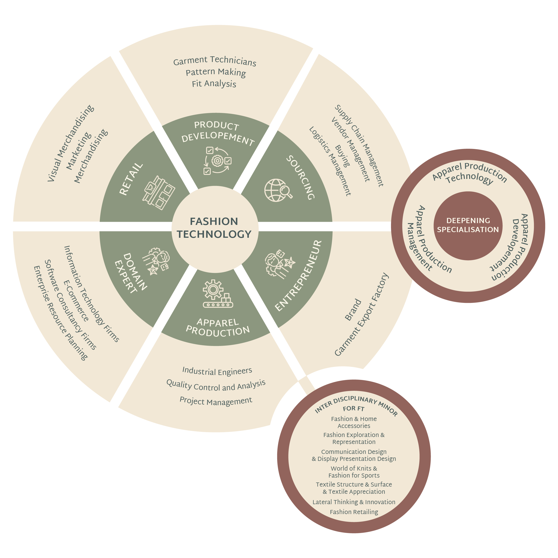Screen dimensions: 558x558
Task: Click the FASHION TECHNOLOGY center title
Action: coord(214,228)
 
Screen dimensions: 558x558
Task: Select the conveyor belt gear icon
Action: coord(217,293)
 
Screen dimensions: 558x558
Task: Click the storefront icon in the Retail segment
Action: coord(159,193)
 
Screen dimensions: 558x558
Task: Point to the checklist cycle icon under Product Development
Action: coord(217,161)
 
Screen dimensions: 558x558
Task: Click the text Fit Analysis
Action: coord(214,84)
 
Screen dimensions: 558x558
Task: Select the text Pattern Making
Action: coord(216,72)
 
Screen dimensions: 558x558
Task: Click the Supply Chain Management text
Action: coord(359,146)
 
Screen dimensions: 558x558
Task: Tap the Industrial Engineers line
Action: coord(217,371)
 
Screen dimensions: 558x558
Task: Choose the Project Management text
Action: coord(216,401)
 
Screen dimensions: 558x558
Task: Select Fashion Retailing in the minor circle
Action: coord(354,520)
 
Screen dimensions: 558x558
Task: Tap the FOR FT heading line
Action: coord(354,409)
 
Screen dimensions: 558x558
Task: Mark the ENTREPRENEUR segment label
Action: coord(298,276)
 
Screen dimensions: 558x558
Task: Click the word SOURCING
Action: coord(300,178)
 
